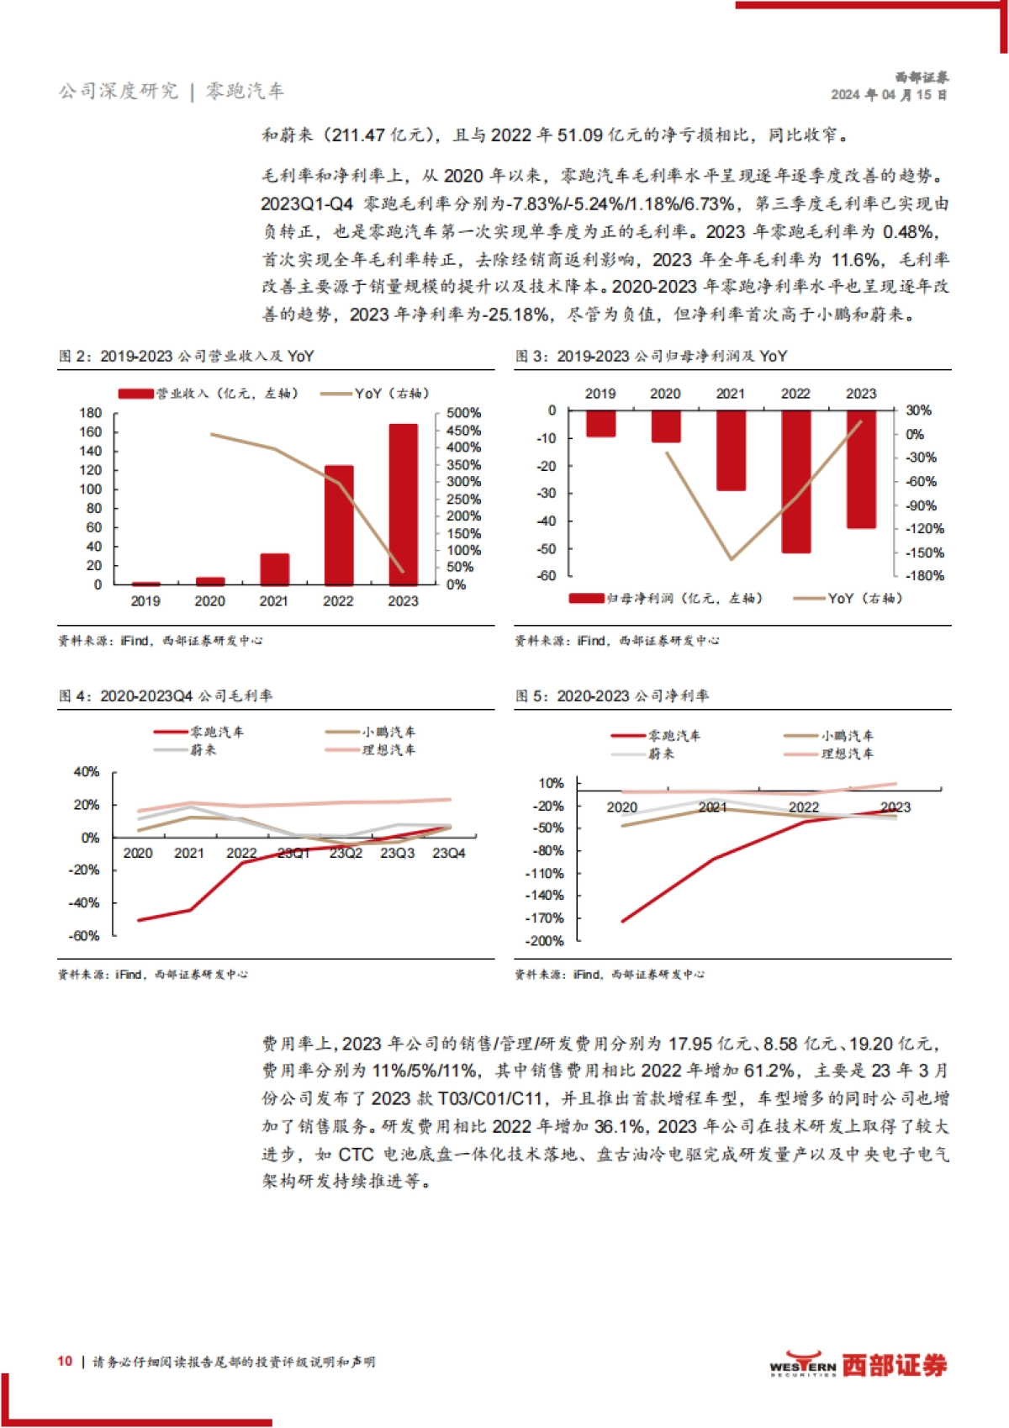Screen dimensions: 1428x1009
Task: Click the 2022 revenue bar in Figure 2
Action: pyautogui.click(x=339, y=525)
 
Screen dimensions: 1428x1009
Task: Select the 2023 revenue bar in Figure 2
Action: pyautogui.click(x=403, y=505)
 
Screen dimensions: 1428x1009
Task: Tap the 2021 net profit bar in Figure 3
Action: pyautogui.click(x=731, y=450)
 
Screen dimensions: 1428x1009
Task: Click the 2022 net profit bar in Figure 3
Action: pyautogui.click(x=795, y=481)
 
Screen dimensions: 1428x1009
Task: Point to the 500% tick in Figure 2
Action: pyautogui.click(x=463, y=413)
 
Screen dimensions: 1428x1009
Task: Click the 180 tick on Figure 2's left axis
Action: pyautogui.click(x=90, y=413)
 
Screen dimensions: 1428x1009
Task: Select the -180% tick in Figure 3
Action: pyautogui.click(x=924, y=576)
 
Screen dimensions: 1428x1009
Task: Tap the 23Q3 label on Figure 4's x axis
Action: pyautogui.click(x=397, y=853)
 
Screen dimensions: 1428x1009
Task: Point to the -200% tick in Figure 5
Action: pyautogui.click(x=545, y=941)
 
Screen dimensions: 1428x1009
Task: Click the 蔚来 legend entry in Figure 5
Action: pyautogui.click(x=661, y=754)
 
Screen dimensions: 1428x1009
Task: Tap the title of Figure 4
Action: pyautogui.click(x=166, y=696)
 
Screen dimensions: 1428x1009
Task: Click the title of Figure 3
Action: pyautogui.click(x=652, y=357)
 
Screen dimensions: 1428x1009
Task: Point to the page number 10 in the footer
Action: pyautogui.click(x=65, y=1362)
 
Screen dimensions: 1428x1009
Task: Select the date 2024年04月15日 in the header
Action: pyautogui.click(x=889, y=95)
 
